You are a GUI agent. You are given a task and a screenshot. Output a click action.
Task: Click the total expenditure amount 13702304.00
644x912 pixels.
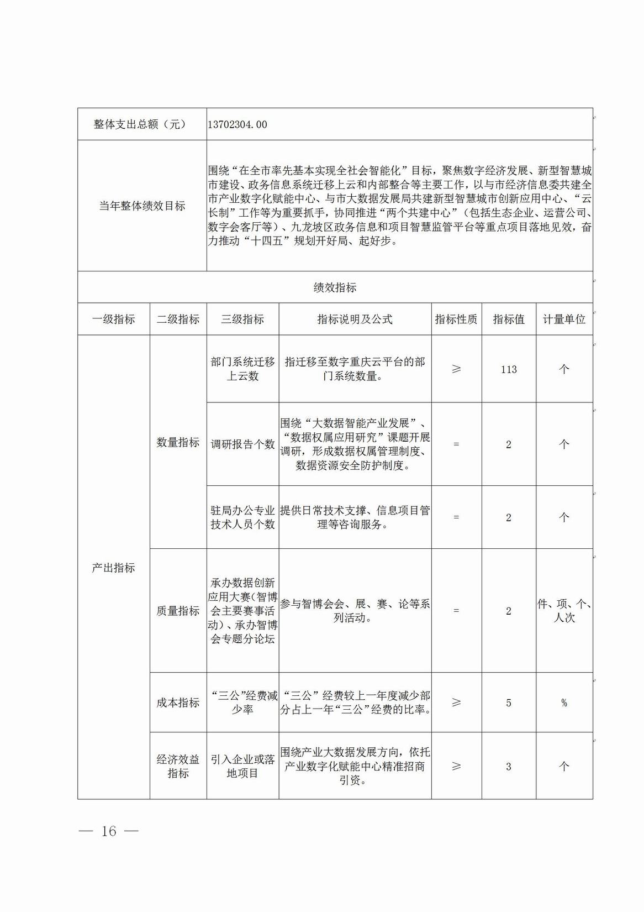tap(237, 124)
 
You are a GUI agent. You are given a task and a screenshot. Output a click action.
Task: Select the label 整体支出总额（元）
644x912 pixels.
tap(140, 124)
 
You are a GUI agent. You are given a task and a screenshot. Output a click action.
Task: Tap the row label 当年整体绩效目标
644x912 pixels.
tap(142, 206)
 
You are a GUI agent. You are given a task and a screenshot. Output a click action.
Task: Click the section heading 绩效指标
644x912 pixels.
tap(335, 287)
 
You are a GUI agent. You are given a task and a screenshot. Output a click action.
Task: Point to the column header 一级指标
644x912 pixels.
tap(113, 319)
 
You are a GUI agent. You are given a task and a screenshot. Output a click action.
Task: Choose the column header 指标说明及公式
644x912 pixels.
tap(355, 319)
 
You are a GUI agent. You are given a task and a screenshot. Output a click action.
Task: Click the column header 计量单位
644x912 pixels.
tap(564, 319)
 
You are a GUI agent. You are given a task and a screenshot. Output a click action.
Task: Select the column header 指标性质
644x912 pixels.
tap(456, 319)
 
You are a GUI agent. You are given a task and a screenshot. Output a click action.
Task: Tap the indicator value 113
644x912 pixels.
tap(509, 369)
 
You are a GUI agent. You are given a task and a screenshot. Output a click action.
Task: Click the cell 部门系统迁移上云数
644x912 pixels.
tap(242, 369)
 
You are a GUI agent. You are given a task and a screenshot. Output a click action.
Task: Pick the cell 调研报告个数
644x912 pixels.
tap(242, 444)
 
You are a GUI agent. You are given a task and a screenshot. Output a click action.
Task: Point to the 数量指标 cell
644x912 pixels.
tap(178, 442)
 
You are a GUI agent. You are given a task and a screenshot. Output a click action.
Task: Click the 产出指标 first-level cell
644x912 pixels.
tap(113, 568)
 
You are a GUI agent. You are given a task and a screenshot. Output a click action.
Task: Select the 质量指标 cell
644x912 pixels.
tap(178, 611)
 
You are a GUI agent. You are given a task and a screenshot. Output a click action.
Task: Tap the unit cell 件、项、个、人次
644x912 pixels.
tap(564, 611)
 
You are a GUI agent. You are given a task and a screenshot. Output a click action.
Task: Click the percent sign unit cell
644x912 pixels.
tap(564, 703)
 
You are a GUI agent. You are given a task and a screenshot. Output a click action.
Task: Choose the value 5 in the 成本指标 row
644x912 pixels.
tap(509, 703)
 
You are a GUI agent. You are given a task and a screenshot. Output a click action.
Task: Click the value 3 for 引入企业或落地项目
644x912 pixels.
tap(509, 767)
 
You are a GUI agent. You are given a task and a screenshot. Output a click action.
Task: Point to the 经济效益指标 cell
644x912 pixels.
tap(178, 767)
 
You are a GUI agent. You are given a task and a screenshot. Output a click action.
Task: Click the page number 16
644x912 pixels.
tap(109, 831)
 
